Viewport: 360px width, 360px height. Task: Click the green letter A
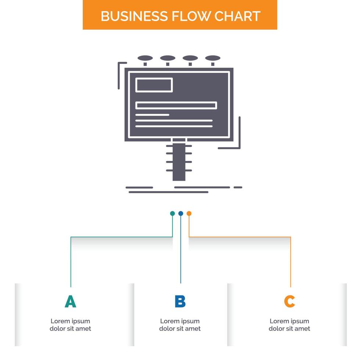pos(70,301)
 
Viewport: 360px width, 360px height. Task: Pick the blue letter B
pos(180,301)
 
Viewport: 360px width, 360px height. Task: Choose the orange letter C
pos(289,301)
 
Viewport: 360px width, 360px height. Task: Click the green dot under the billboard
pos(172,213)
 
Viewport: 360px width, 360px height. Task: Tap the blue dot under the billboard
pos(180,213)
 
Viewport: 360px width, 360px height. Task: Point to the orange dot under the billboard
pos(189,213)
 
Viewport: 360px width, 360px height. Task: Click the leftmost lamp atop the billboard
pos(145,58)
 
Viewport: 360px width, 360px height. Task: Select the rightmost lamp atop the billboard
pos(213,58)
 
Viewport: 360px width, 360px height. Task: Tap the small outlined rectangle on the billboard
pos(154,85)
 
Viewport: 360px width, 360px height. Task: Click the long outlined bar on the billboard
pos(176,105)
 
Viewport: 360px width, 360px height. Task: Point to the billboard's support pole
pos(179,162)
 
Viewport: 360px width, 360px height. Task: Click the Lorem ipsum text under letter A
pos(70,325)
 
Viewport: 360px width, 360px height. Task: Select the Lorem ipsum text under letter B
pos(180,325)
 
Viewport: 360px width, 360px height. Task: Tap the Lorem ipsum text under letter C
pos(289,325)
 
